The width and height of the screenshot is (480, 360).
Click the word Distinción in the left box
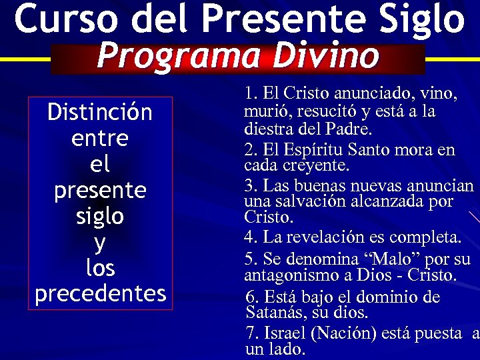tap(100, 112)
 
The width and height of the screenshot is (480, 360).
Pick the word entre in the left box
tap(99, 139)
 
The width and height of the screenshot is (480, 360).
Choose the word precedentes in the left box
tap(100, 293)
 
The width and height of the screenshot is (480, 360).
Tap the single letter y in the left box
tap(100, 242)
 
